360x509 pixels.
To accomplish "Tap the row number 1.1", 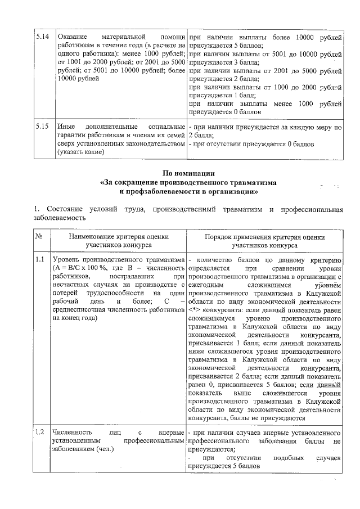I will point(40,260).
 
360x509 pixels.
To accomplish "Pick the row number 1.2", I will point(40,433).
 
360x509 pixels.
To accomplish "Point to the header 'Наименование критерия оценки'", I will point(118,237).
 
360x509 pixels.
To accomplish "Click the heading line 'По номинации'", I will point(180,173).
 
